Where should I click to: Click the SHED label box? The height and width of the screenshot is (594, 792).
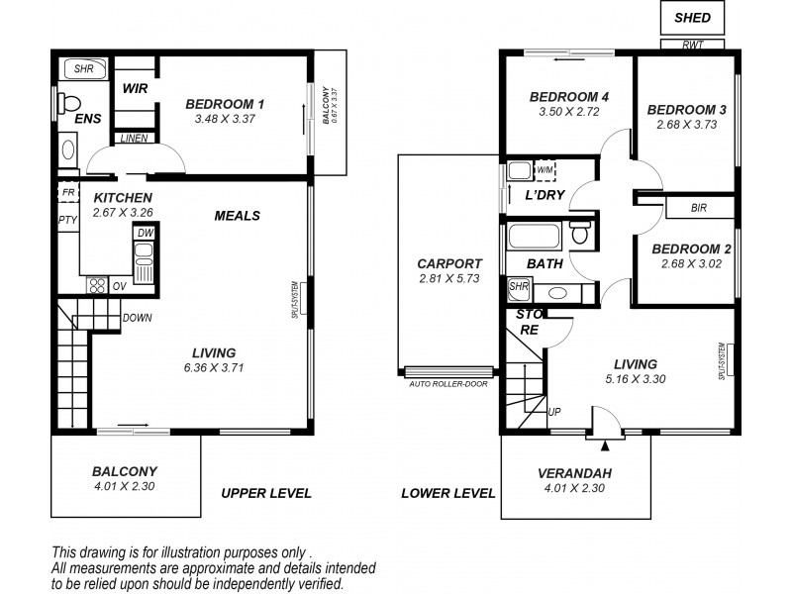[692, 18]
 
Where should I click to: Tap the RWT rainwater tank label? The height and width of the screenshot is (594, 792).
[692, 45]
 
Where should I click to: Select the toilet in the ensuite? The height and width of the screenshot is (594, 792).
[68, 104]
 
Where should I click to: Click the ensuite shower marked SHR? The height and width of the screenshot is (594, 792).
[83, 68]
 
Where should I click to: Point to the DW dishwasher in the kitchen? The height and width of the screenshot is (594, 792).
[146, 233]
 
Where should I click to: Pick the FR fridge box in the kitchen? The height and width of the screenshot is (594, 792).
[68, 192]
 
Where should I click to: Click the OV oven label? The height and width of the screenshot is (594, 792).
[120, 286]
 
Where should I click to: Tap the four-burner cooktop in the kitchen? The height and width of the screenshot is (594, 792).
[97, 285]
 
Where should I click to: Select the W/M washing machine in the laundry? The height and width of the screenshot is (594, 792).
[545, 170]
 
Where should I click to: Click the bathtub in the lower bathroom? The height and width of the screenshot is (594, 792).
[535, 236]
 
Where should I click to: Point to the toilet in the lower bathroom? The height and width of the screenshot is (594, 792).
[580, 232]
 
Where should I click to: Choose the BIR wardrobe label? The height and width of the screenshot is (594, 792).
[699, 208]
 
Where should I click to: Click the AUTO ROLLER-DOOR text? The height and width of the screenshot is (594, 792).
[448, 384]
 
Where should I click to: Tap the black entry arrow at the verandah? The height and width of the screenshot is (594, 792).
[605, 445]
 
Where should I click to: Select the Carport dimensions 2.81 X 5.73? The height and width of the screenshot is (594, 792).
[449, 278]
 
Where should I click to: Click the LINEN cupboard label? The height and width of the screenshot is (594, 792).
[135, 138]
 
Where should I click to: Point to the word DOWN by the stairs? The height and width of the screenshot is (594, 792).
[138, 318]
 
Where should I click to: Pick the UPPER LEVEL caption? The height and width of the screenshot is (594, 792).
[266, 493]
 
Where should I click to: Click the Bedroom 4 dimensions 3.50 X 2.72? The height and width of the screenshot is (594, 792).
[568, 112]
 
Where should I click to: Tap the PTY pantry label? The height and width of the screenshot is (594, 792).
[67, 220]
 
